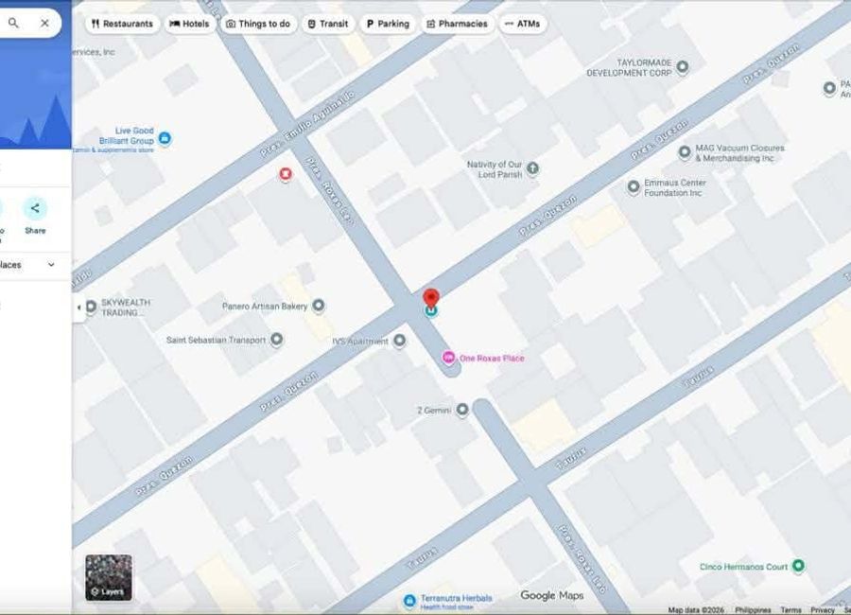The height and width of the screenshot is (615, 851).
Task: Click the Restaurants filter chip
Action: click(x=122, y=24)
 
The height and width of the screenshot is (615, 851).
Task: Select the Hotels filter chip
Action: click(x=189, y=24)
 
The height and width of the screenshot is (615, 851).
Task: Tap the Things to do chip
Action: click(x=258, y=24)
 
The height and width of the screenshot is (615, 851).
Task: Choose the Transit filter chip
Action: click(x=328, y=24)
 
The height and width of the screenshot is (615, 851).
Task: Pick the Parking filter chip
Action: click(x=388, y=24)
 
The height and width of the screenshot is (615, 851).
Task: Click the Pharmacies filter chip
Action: click(x=458, y=24)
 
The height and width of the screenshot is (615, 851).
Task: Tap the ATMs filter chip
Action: click(x=522, y=24)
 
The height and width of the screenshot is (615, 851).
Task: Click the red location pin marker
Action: click(x=431, y=298)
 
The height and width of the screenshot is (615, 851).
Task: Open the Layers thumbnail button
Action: click(x=109, y=577)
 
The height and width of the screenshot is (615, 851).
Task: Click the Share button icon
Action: click(x=35, y=208)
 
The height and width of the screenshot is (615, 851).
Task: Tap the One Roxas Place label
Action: click(x=492, y=358)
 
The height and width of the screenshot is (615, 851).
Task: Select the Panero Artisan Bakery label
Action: click(x=265, y=306)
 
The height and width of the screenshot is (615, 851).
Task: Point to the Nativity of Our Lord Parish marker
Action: click(x=532, y=168)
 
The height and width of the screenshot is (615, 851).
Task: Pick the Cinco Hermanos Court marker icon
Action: click(x=798, y=566)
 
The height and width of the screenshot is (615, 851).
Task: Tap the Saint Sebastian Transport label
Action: click(x=217, y=340)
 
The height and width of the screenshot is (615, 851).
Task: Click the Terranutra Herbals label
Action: click(x=456, y=598)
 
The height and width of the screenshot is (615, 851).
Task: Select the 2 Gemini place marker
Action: click(x=461, y=410)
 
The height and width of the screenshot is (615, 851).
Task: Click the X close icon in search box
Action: click(x=44, y=23)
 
